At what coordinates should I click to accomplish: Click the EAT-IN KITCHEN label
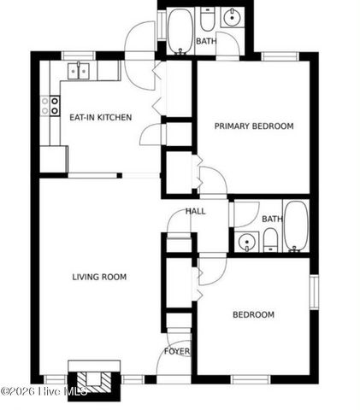coord(100,117)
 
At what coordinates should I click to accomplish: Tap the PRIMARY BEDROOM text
coord(253,126)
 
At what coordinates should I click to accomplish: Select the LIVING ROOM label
coord(99,277)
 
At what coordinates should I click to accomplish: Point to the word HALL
coord(196,212)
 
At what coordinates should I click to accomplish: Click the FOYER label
coord(177,351)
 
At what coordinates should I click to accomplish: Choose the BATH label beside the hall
coord(272,220)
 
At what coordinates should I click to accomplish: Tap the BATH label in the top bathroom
coord(206,41)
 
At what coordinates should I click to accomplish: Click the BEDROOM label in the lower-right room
coord(253,315)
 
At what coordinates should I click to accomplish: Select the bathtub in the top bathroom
coord(180,32)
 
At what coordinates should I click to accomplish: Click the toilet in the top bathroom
coord(207,19)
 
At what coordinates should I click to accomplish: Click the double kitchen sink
coord(79,69)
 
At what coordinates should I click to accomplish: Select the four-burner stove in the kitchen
coord(50,106)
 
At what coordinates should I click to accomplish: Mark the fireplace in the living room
coord(89,379)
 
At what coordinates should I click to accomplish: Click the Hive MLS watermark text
coord(44,392)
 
